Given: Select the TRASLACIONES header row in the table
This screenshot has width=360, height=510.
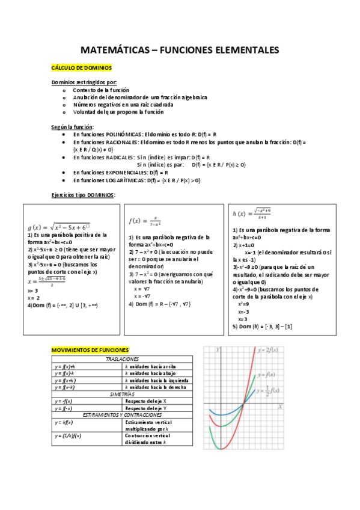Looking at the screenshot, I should coord(122,358).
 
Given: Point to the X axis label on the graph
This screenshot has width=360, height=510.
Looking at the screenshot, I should coord(280,407).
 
